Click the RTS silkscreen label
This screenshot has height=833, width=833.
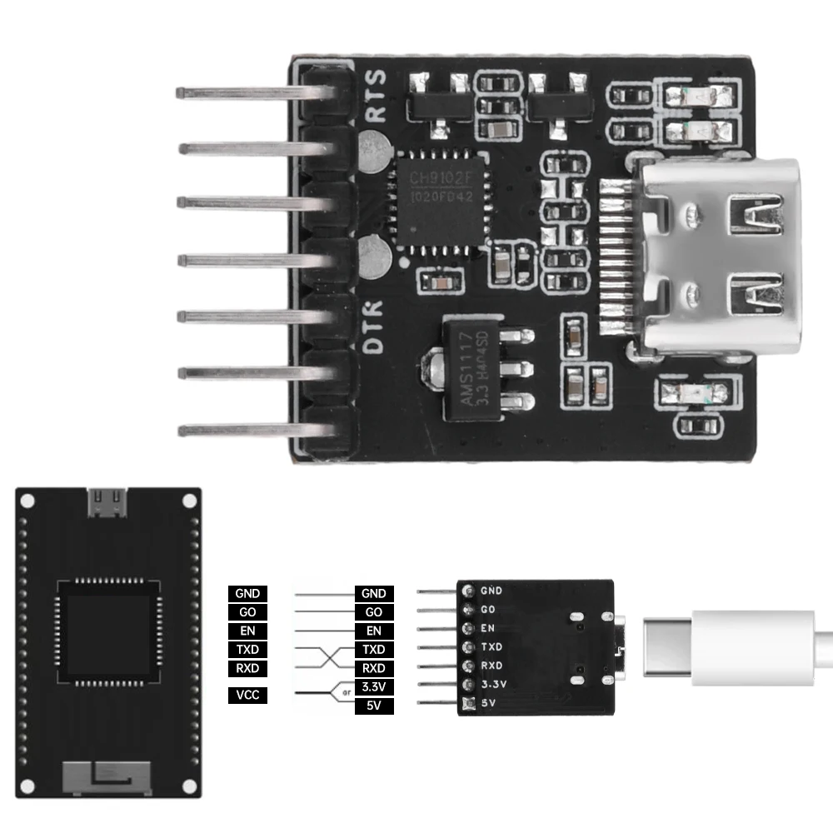click(x=377, y=95)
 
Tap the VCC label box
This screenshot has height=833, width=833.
click(x=247, y=696)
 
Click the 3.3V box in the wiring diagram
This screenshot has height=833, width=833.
click(x=373, y=687)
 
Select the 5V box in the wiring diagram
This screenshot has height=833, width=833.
click(x=373, y=706)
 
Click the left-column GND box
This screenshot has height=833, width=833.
click(x=247, y=594)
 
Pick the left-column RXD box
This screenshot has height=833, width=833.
click(x=247, y=668)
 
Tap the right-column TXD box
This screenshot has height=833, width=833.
click(x=373, y=649)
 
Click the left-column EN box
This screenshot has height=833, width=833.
click(x=247, y=631)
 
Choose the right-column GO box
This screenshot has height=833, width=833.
click(x=373, y=612)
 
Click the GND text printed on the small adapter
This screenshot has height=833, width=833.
click(x=491, y=591)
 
